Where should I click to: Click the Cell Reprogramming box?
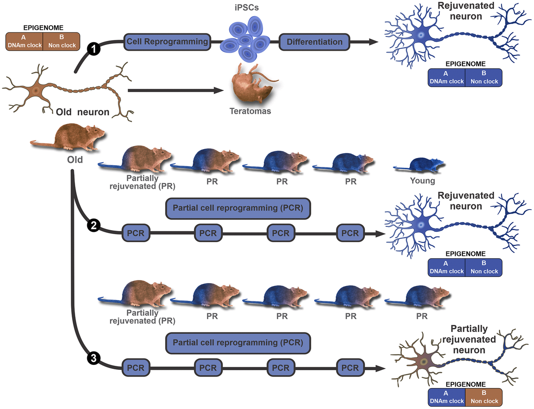coord(167,42)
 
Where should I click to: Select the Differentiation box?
coord(315,42)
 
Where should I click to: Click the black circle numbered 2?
coord(93,226)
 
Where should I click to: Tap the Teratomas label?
coord(251,111)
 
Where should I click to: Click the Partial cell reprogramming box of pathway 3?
coord(238,343)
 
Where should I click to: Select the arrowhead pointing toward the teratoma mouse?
coord(218,90)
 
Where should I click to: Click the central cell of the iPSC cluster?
coord(245,40)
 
